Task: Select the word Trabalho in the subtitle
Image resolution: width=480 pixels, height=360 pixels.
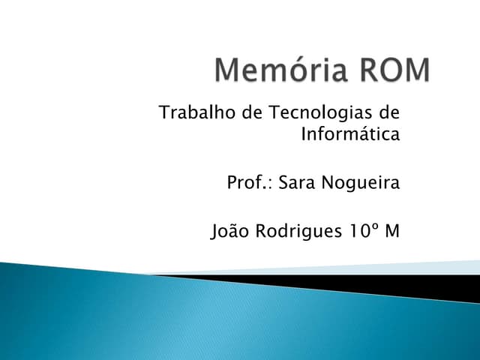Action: pyautogui.click(x=188, y=113)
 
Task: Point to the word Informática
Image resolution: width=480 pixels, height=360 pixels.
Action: pyautogui.click(x=349, y=135)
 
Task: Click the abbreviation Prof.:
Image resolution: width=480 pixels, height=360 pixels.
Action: pyautogui.click(x=250, y=183)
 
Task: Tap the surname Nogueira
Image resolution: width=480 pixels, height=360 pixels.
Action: pyautogui.click(x=362, y=184)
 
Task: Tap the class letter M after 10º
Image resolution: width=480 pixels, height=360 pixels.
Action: pyautogui.click(x=391, y=231)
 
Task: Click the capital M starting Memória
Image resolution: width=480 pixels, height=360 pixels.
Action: pyautogui.click(x=227, y=71)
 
